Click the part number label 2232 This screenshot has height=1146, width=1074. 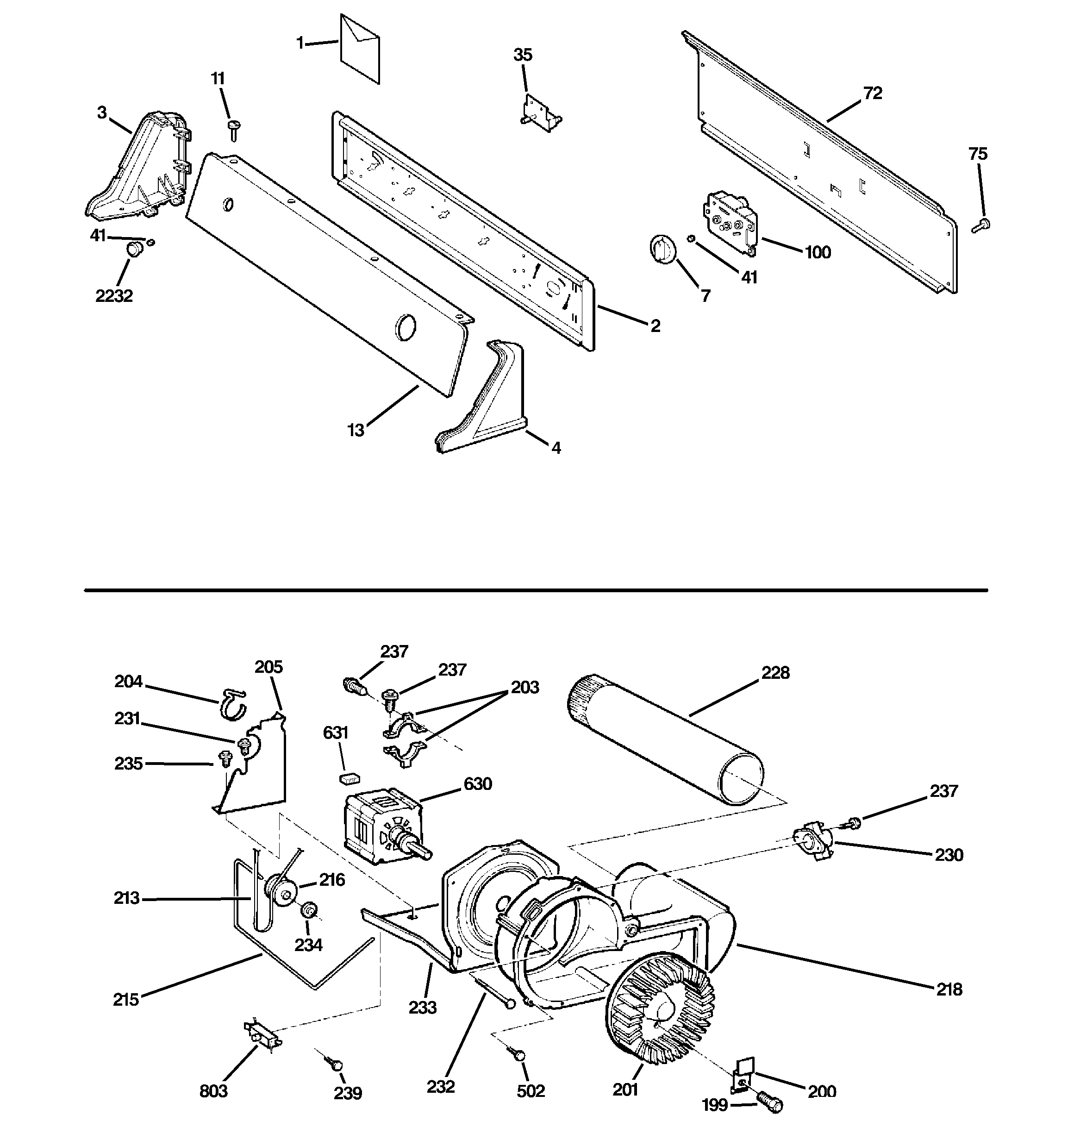(113, 296)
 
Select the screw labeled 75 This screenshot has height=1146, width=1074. (981, 225)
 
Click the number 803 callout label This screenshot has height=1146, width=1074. (213, 1091)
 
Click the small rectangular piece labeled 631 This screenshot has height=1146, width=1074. (348, 779)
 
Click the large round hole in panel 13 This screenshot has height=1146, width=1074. (405, 327)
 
